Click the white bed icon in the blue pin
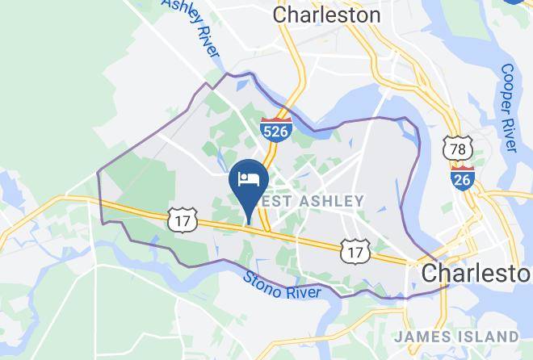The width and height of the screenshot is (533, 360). click(x=248, y=178)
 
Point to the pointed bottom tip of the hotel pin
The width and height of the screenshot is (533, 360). click(x=249, y=224)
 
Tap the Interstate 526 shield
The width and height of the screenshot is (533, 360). click(x=275, y=131)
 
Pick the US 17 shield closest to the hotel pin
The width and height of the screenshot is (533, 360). click(x=180, y=219)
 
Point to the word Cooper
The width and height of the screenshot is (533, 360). click(x=507, y=90)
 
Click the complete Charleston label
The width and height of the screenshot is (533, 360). click(x=326, y=15)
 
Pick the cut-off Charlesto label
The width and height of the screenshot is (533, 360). click(x=476, y=271)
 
